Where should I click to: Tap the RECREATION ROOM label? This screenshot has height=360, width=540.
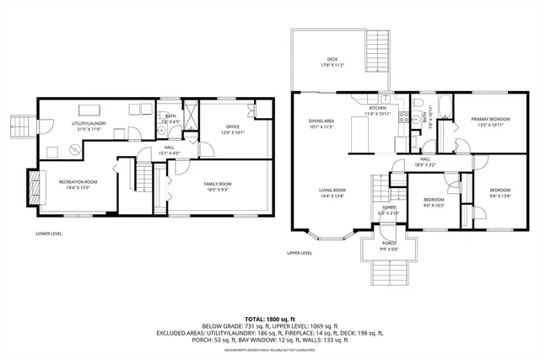click(x=78, y=184)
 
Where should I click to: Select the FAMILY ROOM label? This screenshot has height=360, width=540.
click(x=218, y=185)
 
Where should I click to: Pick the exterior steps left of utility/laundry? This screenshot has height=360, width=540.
click(x=19, y=126)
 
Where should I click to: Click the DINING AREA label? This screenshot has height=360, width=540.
click(x=321, y=123)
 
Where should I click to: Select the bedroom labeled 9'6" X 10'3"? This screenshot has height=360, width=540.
click(x=433, y=201)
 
